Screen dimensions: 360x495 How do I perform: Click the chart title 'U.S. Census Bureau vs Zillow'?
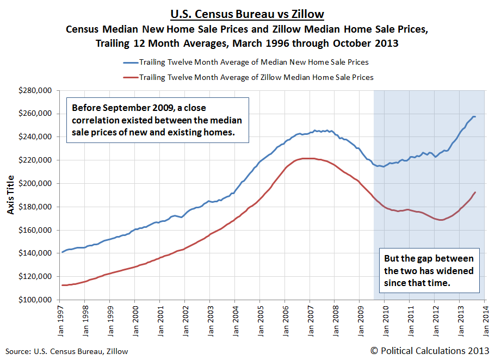(x=247, y=14)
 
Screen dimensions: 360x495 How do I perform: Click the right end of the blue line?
(x=475, y=117)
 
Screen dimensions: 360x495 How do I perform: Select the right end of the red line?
(x=475, y=192)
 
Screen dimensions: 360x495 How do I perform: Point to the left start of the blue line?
(x=61, y=252)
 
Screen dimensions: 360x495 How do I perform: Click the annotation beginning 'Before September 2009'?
(x=157, y=120)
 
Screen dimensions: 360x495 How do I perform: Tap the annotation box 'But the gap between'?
(x=429, y=271)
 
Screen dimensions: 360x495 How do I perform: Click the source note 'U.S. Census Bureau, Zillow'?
(x=67, y=351)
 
